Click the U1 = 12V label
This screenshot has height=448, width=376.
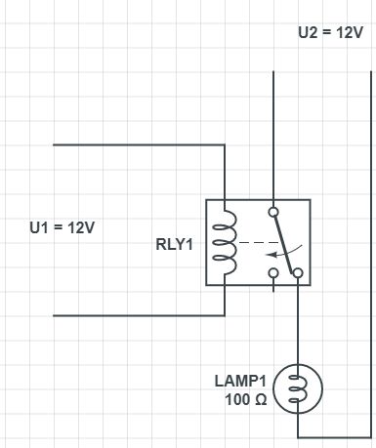click(62, 227)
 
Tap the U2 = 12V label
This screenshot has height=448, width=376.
click(330, 32)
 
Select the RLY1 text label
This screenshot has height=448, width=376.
click(175, 244)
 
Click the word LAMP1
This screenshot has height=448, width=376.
click(240, 381)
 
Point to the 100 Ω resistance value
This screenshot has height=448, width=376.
click(246, 399)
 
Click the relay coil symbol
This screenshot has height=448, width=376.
click(225, 242)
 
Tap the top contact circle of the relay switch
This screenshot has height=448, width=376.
click(273, 212)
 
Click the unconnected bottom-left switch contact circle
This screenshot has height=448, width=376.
click(273, 272)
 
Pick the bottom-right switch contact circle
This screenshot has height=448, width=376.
click(298, 272)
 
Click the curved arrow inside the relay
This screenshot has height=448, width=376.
click(284, 252)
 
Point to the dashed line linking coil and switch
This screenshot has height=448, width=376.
click(259, 242)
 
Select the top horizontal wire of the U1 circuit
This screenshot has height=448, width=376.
click(139, 144)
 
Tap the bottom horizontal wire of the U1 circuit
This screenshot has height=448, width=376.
click(139, 315)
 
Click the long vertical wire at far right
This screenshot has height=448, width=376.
click(371, 255)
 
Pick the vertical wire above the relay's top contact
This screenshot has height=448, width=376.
click(273, 139)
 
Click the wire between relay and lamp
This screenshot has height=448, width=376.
click(298, 321)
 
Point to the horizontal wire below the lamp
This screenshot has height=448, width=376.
click(334, 437)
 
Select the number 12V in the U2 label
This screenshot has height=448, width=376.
click(350, 32)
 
